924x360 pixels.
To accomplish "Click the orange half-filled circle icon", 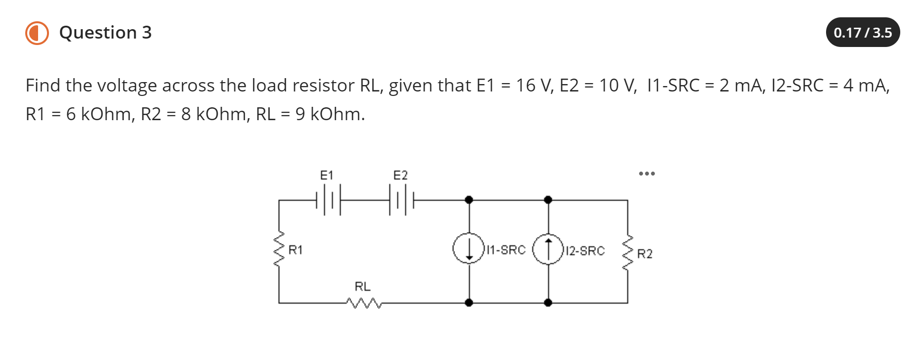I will pos(37,33).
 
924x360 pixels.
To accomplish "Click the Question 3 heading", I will pos(105,33).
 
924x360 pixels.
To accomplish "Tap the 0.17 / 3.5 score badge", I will pos(862,33).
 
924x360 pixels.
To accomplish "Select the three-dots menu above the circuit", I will pos(646,174).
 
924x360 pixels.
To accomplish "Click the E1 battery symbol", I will pos(328,200).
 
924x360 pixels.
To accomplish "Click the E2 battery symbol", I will pos(401,200).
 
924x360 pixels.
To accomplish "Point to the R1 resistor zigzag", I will pos(279,250).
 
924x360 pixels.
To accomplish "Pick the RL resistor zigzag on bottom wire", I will pos(364,303).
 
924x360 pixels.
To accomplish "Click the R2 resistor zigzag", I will pos(628,253).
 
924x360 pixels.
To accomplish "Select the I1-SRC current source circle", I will pos(468,248).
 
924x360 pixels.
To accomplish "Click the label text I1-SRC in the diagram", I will pos(506,250).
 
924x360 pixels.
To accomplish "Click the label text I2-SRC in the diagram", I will pos(585,251).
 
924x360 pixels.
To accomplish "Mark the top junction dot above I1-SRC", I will pos(469,200).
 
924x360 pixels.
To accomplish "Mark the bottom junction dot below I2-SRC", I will pos(548,303).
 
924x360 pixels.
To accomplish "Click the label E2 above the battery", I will pos(400,175).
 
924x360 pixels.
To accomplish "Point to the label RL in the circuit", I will pos(362,286).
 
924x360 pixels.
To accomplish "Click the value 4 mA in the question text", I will pos(865,86).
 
